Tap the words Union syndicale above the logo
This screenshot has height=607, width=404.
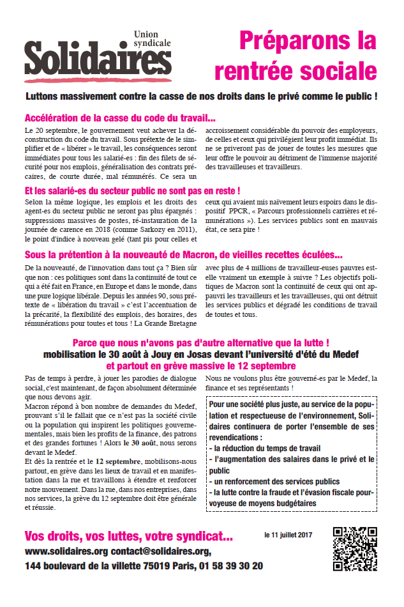(153, 38)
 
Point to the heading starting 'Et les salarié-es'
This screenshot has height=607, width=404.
(132, 190)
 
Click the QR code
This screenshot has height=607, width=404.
(355, 548)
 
